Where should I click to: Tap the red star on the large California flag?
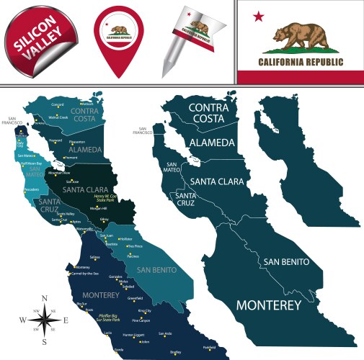[259, 17]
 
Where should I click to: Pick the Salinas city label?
[94, 257]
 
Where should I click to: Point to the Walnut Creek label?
[58, 117]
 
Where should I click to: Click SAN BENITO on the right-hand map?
[286, 261]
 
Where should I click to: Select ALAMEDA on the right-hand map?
[211, 143]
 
